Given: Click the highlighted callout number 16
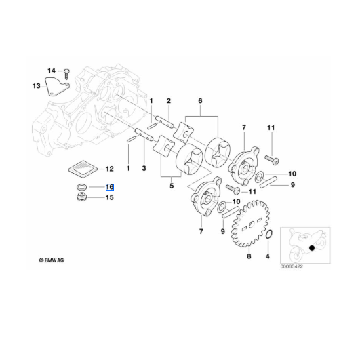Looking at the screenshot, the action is pos(110,187).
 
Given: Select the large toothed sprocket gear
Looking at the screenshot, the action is pos(250,224).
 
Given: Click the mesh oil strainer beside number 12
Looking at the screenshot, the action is pos(83,169).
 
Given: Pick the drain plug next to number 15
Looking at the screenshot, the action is pos(81,197).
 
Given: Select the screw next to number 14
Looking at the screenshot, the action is pos(66,74).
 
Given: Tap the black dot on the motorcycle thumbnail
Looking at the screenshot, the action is pos(312,248).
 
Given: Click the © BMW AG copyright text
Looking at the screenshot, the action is pos(52,260).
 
